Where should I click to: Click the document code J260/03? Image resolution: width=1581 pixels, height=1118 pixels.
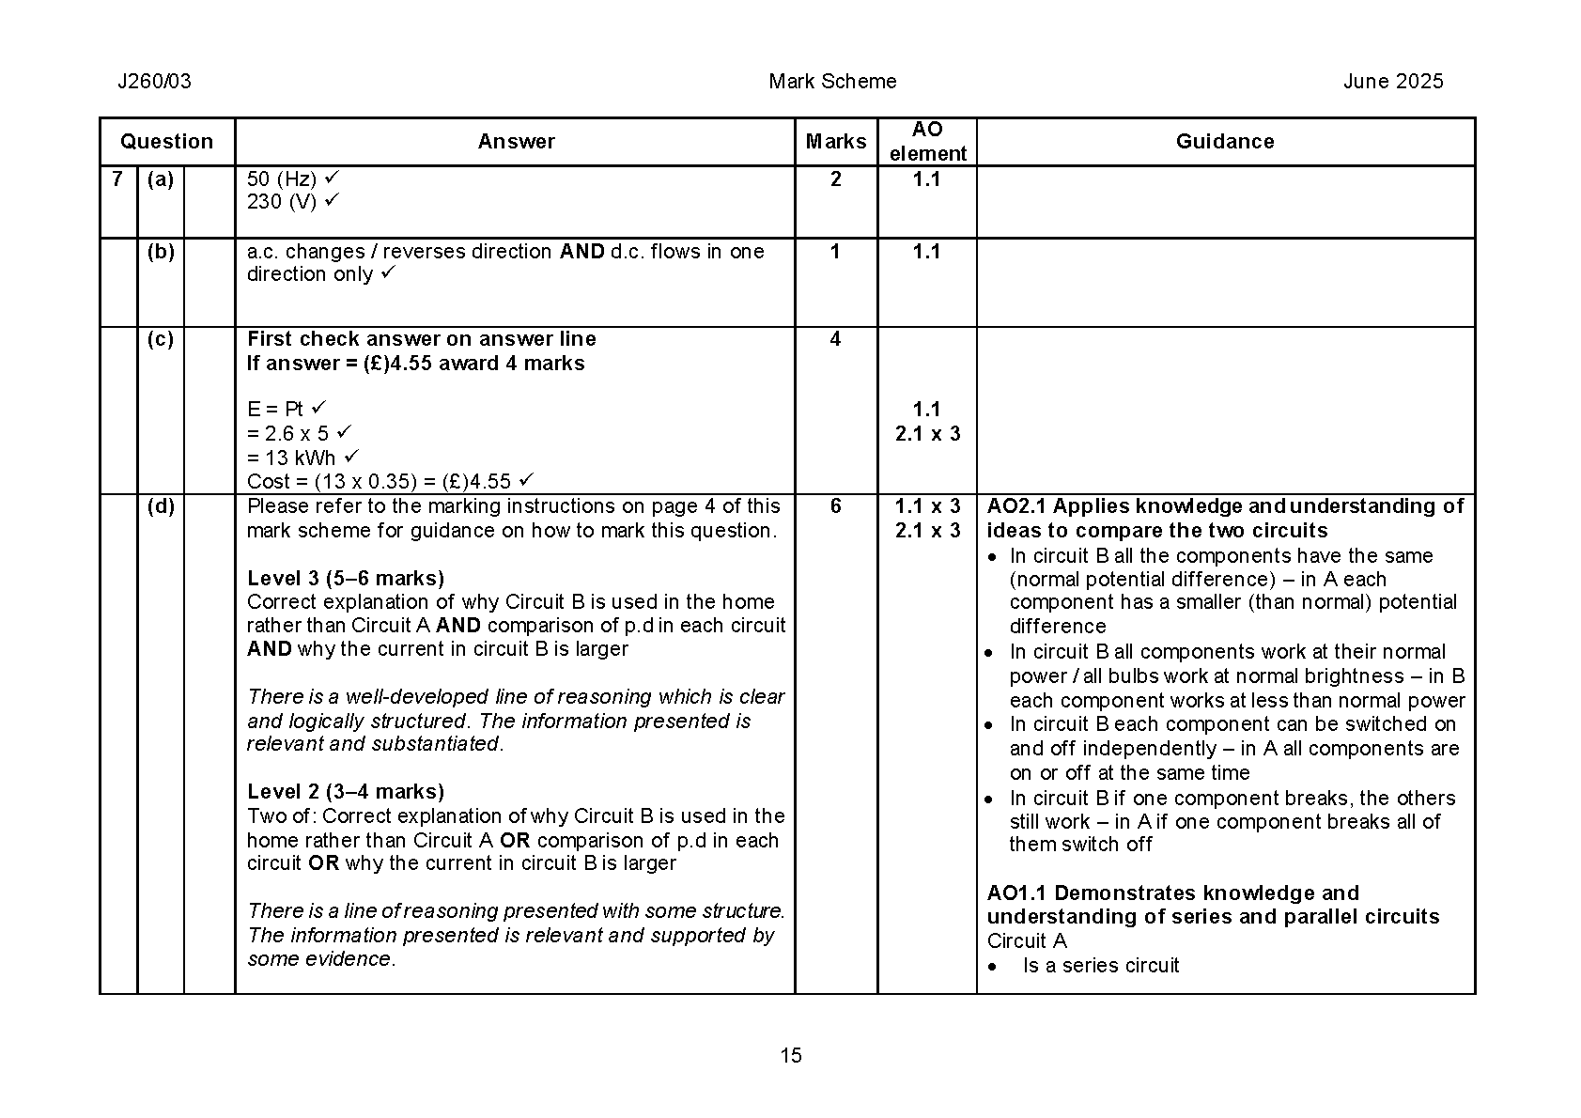coord(154,82)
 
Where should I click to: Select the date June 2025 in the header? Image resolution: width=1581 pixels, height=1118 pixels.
coord(1392,82)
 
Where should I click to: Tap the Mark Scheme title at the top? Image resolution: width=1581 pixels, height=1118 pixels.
coord(832,82)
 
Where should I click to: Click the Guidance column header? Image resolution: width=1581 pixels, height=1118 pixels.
coord(1225,142)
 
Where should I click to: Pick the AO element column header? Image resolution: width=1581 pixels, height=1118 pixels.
coord(927,142)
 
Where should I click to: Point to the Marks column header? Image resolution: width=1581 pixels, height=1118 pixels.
coord(835,142)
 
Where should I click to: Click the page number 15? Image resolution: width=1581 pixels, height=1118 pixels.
coord(791,1056)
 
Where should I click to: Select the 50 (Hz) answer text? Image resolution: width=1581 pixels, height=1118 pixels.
coord(282,179)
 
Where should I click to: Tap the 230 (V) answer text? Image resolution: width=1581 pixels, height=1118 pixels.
coord(282,202)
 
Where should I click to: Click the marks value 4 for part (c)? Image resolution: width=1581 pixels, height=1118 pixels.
coord(835,339)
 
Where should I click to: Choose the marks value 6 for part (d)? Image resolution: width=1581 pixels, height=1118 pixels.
coord(835,506)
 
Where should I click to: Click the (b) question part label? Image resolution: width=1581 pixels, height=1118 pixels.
coord(161,252)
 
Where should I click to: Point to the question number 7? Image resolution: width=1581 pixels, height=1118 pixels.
coord(117,179)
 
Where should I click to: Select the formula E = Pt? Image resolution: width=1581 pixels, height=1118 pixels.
coord(275,410)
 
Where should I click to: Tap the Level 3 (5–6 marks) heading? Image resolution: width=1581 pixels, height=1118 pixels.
coord(346,578)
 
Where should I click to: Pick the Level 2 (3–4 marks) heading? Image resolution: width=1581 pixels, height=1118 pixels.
coord(346,791)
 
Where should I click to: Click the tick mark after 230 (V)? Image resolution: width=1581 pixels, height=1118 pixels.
coord(331,200)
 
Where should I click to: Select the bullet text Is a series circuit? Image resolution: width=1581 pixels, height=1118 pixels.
coord(1100,966)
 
